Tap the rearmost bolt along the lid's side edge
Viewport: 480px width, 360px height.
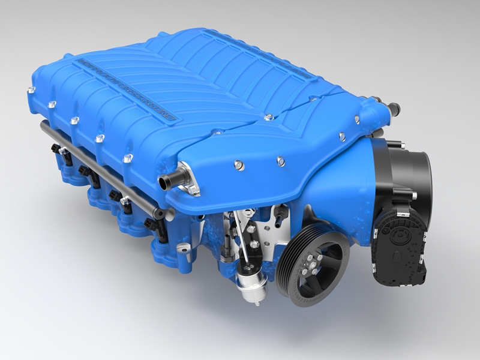coord(30,91)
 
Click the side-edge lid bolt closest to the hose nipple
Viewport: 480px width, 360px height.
coord(128,158)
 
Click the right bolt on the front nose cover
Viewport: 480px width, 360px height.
coord(280,160)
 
